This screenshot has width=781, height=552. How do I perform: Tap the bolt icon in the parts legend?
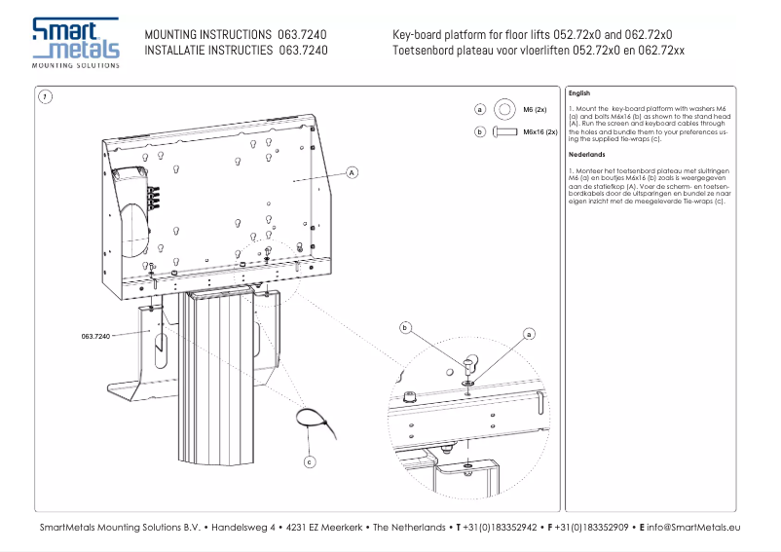point(503,130)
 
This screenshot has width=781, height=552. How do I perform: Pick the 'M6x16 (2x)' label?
point(539,131)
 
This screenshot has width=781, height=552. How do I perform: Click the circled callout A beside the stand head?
point(353,172)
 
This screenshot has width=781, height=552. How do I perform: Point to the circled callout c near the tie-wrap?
point(310,461)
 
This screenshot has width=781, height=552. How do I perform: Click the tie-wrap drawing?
point(312,424)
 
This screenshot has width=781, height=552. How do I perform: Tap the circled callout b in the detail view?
point(405,328)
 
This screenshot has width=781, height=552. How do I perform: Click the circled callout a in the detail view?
point(530,333)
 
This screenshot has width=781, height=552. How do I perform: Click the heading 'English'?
point(578,93)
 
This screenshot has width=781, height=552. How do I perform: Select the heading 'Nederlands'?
point(586,154)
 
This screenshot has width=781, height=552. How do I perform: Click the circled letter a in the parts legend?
point(480,110)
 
